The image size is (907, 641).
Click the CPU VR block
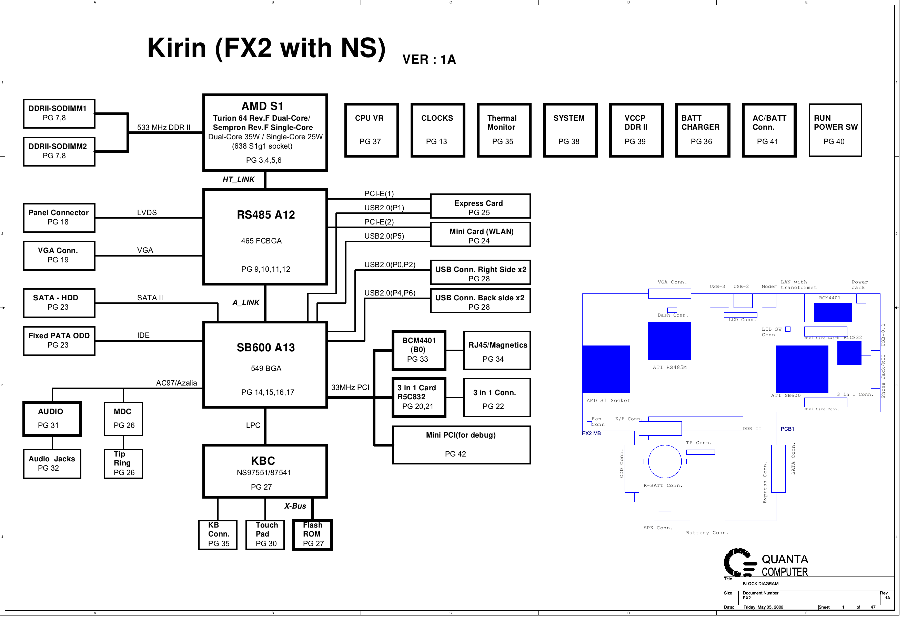tap(371, 130)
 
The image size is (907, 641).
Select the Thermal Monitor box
tap(504, 130)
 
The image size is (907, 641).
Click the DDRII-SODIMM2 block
tap(59, 151)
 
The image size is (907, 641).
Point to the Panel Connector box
tap(59, 218)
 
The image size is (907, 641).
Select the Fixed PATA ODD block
tap(59, 341)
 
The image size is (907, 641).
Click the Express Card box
tap(480, 206)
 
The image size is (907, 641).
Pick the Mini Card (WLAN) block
tap(480, 235)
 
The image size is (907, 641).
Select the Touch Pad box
tap(265, 535)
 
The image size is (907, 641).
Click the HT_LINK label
tap(238, 180)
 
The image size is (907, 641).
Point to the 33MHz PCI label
tap(350, 388)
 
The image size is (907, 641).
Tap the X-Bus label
tap(295, 506)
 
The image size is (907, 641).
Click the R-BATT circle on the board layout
tap(665, 462)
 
